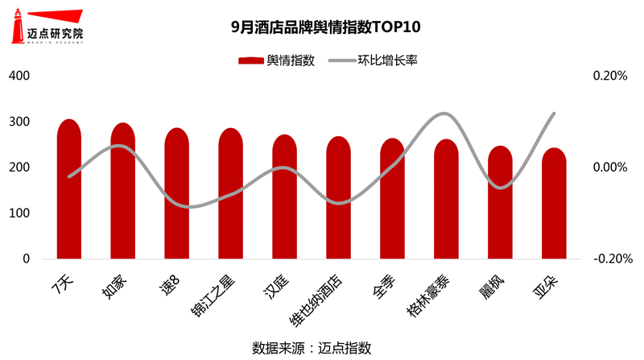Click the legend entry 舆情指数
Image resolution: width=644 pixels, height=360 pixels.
pos(277,60)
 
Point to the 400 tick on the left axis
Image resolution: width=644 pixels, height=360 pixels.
pos(19,76)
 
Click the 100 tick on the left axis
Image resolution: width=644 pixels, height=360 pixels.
pos(19,213)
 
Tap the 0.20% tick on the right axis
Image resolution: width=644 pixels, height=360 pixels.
pos(609,76)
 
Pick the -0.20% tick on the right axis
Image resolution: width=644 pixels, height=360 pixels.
pos(608,259)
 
